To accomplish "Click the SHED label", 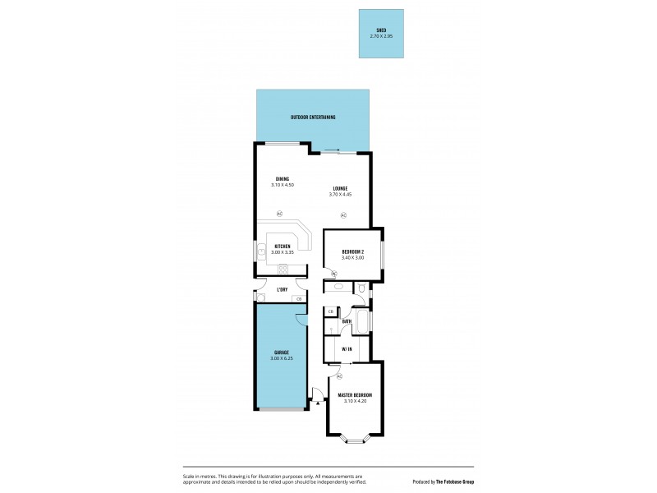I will (381, 30).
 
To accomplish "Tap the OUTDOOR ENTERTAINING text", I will (313, 117).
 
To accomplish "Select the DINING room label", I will (282, 179).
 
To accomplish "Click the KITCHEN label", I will (282, 246).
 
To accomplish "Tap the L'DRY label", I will (282, 290).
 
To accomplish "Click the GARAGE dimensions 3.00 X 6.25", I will (282, 358).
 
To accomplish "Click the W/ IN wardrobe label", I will (347, 349).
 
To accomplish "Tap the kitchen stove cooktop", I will (282, 269).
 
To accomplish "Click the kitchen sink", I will (262, 252).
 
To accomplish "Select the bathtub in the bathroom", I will (361, 320).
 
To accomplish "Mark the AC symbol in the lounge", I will (342, 215).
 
